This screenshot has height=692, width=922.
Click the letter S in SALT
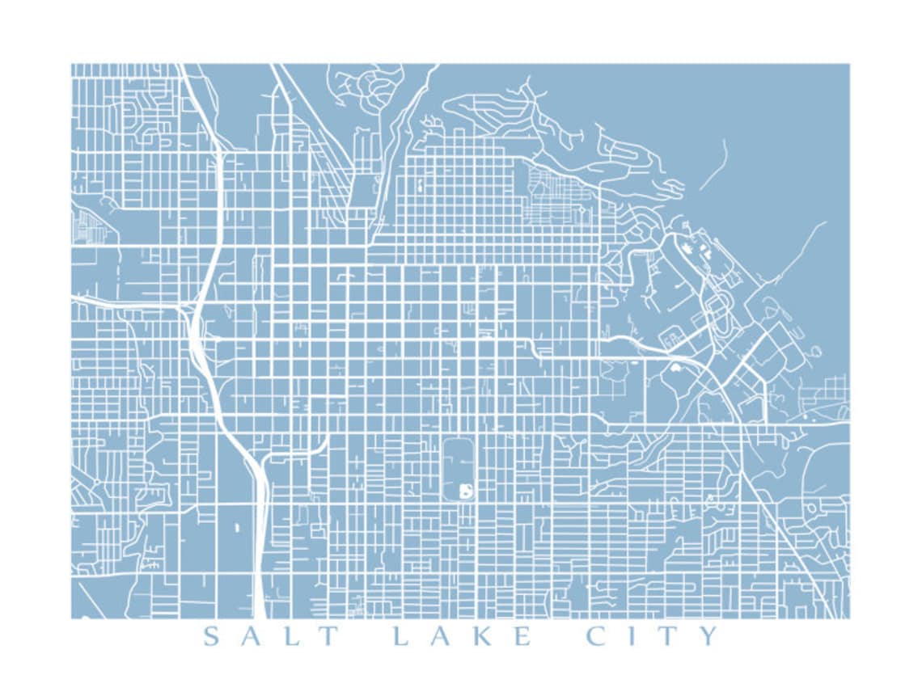coord(211,636)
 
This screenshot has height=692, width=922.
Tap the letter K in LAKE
coord(482,636)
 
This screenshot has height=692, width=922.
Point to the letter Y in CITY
coord(708,636)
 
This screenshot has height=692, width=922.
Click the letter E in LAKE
coord(522,636)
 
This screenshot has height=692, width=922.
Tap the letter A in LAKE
coord(440,636)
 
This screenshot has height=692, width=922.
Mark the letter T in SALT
coord(328,636)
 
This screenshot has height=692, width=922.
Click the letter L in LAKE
coord(400,636)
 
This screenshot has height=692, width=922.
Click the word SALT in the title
coord(269,636)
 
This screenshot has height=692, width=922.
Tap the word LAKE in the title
coord(461,636)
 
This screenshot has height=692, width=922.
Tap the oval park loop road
coord(444,469)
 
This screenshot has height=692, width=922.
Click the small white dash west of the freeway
coord(237,526)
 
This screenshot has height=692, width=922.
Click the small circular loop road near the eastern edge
coord(814,352)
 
